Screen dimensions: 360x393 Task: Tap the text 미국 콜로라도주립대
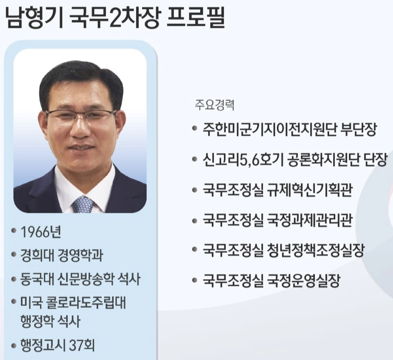(x=73, y=302)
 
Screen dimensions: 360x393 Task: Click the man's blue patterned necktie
(x=83, y=204)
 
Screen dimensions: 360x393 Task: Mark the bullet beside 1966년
(x=14, y=232)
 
